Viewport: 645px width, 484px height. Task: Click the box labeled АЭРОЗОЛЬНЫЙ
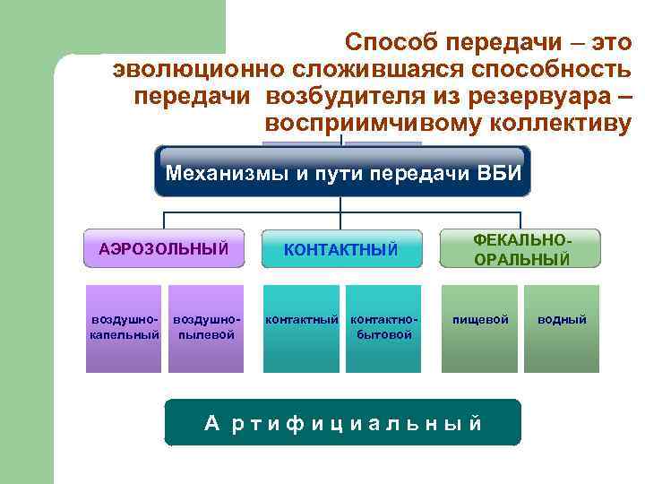(163, 247)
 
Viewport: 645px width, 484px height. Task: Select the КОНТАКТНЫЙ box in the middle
(340, 249)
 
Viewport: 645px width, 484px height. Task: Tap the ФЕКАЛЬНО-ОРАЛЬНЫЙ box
(520, 248)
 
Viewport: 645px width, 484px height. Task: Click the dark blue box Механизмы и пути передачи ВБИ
(342, 172)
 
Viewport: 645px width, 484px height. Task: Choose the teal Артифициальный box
(342, 423)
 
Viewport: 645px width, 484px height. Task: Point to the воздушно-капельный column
(125, 328)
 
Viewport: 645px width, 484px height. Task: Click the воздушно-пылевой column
(206, 328)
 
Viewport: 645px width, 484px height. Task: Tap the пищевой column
(480, 328)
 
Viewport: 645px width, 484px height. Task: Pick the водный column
(562, 328)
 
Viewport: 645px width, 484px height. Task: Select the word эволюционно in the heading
(198, 69)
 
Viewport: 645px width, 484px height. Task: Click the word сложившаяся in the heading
(383, 69)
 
